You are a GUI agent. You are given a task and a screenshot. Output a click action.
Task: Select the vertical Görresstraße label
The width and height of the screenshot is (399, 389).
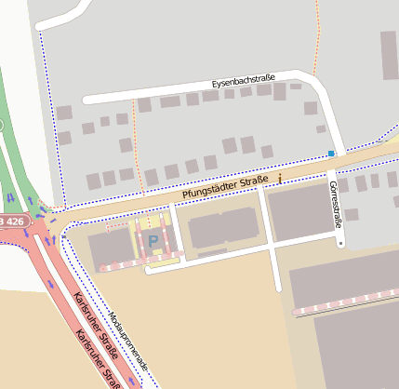[x=334, y=204]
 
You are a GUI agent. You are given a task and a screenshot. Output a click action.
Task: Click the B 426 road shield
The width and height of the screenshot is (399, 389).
[x=11, y=221]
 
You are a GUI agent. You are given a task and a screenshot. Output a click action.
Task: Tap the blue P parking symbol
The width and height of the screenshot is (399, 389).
[x=153, y=241]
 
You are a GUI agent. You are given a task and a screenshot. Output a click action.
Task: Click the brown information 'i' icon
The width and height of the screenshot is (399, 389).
[x=279, y=176]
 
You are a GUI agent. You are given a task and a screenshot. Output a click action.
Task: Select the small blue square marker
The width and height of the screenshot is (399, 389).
[x=331, y=154]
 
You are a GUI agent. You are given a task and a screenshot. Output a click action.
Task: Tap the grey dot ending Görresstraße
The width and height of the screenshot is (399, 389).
[x=341, y=244]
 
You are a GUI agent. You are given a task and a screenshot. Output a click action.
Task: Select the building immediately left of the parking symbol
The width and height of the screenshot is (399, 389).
[x=111, y=248]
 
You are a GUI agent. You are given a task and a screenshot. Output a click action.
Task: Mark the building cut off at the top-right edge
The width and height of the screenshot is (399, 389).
[x=390, y=46]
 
